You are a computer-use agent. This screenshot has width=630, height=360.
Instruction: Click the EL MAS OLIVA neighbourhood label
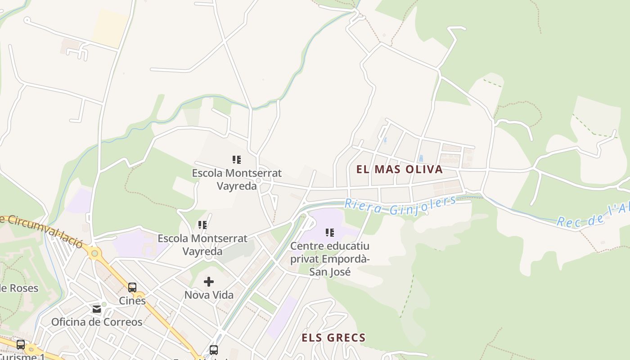tap(400, 170)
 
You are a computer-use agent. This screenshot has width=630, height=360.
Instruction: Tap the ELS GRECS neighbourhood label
tap(333, 337)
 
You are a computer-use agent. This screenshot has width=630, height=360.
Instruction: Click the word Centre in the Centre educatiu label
tap(307, 246)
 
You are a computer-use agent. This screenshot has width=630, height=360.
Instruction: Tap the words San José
tap(330, 272)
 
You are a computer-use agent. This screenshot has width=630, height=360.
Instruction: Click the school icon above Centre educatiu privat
tap(330, 233)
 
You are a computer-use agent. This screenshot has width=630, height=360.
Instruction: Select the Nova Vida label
tap(209, 295)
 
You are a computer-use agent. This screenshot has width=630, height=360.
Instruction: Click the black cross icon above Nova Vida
tap(209, 282)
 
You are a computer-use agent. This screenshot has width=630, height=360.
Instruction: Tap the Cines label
tap(132, 301)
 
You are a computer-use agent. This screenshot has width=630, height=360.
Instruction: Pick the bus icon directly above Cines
tap(132, 288)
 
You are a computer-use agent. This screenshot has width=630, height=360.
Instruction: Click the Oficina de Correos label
tap(97, 322)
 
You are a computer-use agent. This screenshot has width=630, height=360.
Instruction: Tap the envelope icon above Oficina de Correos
tap(97, 309)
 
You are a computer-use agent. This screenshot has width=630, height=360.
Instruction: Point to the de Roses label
tap(19, 288)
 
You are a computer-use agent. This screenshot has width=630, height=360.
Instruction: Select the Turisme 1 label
tap(22, 357)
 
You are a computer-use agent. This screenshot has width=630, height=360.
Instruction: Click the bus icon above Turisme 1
tap(21, 345)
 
